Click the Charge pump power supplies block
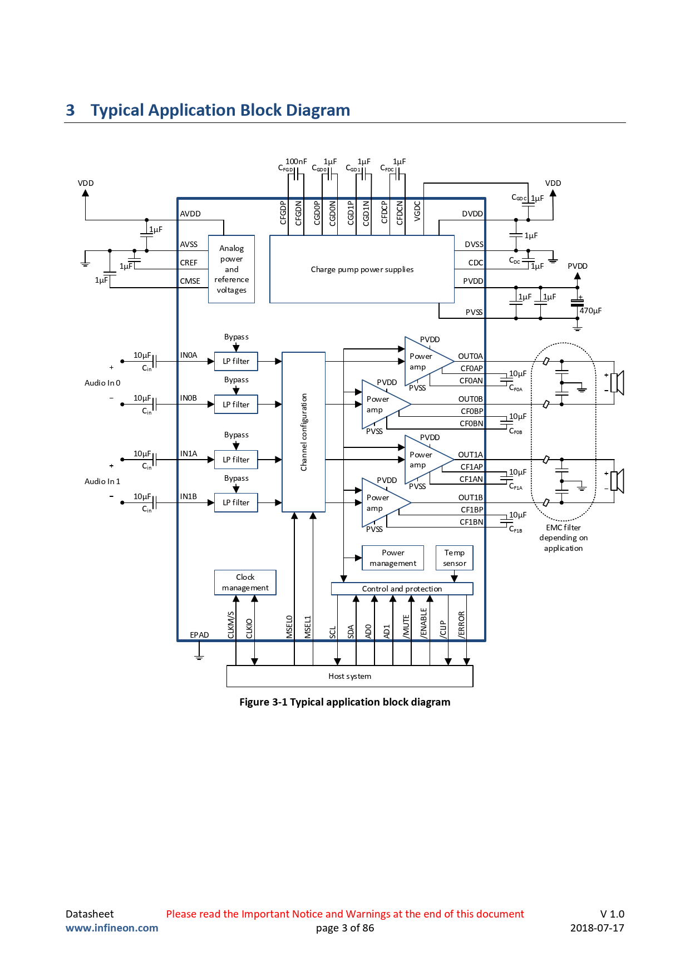point(362,269)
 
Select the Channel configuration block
point(304,432)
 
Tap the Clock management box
point(245,583)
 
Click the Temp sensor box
point(455,558)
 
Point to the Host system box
point(350,676)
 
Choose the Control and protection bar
point(402,589)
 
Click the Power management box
point(393,558)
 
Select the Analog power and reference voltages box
point(231,269)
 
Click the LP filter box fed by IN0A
point(236,361)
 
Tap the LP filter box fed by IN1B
point(236,502)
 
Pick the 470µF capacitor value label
point(590,311)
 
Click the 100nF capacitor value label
point(296,161)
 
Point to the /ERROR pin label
point(461,624)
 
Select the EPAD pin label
point(199,635)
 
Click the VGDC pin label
point(417,211)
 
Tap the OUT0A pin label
point(470,356)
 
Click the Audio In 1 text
point(102,481)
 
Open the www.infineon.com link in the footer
point(112,928)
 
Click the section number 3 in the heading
point(70,110)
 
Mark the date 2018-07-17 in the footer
point(597,928)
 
